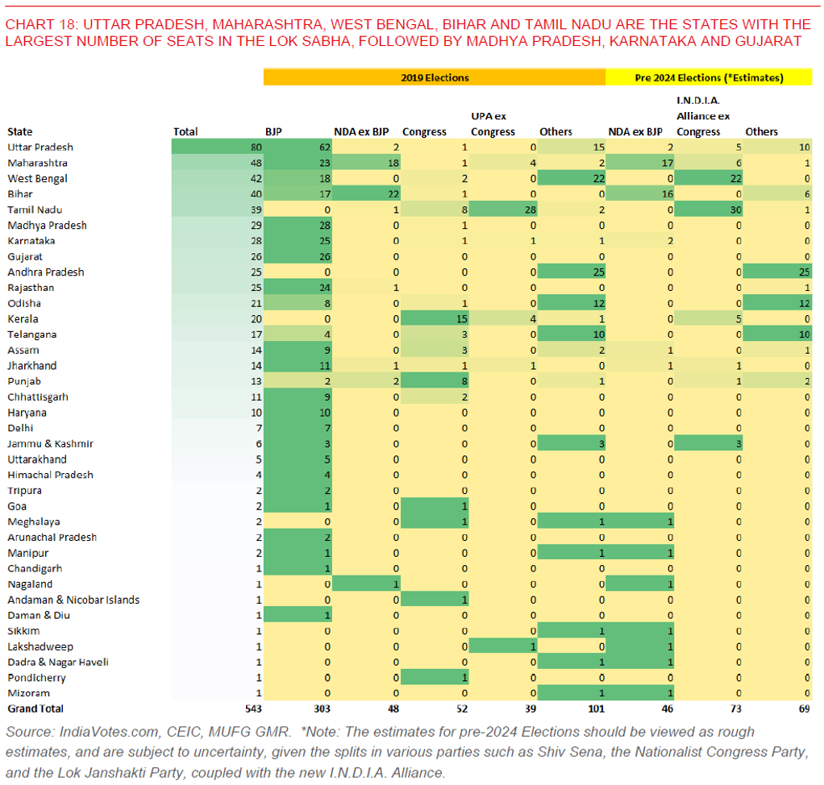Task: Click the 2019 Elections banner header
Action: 435,77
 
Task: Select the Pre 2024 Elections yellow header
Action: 709,77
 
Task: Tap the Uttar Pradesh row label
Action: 40,147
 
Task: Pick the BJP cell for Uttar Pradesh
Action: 298,147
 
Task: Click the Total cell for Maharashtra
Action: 217,163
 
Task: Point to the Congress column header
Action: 424,131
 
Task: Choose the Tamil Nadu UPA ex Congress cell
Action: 503,210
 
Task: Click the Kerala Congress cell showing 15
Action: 435,318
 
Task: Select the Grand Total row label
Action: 35,708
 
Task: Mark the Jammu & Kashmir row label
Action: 50,443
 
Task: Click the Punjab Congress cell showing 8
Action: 435,381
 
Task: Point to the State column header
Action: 20,131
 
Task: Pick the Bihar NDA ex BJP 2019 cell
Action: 366,194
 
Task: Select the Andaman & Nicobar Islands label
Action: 73,600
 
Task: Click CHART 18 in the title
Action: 39,25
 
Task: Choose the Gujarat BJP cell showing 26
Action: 298,256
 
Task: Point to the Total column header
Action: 185,131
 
